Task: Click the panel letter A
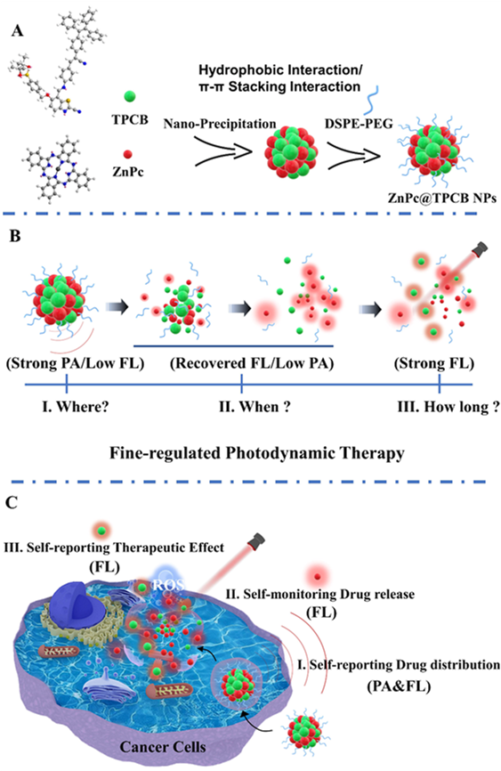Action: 17,31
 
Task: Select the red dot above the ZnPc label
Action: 128,154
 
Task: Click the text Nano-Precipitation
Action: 219,124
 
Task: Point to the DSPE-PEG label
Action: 359,124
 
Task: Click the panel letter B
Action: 15,236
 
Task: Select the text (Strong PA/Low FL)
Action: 75,363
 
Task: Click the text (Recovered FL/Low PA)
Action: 252,363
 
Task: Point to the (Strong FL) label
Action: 434,363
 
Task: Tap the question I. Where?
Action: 75,407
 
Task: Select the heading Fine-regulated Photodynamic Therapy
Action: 256,453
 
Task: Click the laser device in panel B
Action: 479,248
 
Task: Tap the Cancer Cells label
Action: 163,747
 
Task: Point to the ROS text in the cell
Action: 168,585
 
